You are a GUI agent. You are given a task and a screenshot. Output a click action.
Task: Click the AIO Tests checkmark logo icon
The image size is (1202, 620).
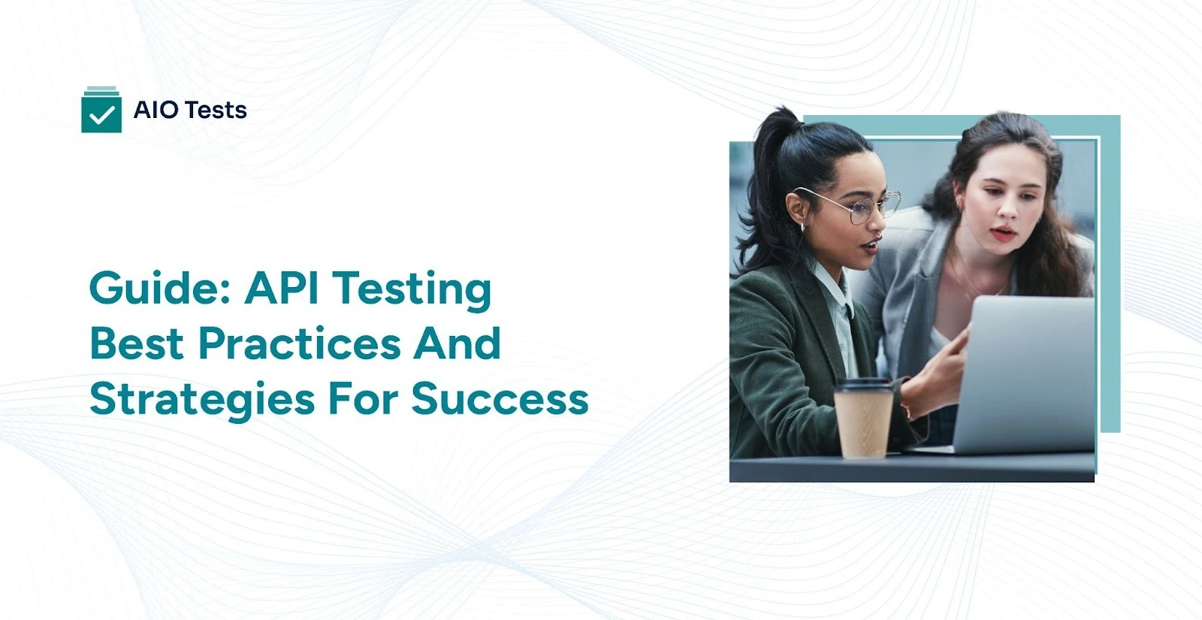101,110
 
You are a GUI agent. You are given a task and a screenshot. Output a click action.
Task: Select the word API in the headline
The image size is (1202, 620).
281,287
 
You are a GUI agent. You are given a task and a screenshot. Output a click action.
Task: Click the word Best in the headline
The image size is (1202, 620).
136,343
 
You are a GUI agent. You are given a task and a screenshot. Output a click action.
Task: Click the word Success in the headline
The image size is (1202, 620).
500,398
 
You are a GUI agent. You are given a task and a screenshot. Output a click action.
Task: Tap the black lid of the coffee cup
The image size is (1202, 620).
865,386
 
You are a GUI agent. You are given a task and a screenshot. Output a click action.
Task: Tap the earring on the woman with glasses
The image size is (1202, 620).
803,226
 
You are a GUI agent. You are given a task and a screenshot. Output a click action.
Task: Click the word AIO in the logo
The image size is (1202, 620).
156,110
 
